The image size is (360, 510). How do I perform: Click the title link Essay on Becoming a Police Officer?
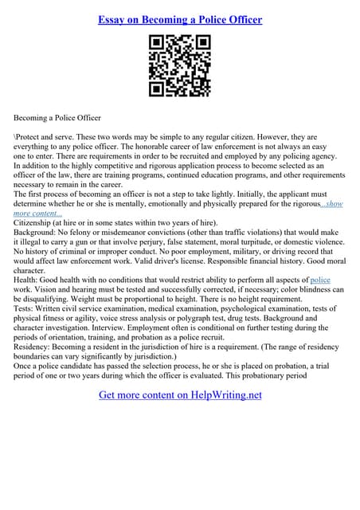pyautogui.click(x=180, y=18)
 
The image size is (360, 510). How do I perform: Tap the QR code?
pyautogui.click(x=179, y=67)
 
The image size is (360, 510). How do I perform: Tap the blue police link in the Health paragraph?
pyautogui.click(x=319, y=280)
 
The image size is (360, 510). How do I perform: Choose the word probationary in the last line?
pyautogui.click(x=299, y=376)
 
